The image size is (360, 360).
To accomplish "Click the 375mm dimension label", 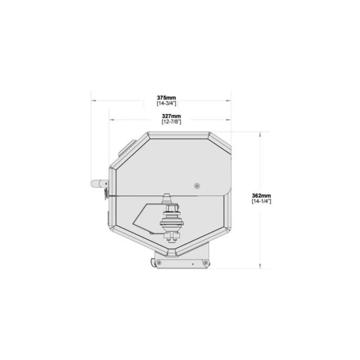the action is pyautogui.click(x=166, y=98).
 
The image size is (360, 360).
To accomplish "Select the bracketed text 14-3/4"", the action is pyautogui.click(x=166, y=103).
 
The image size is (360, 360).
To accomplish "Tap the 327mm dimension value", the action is pyautogui.click(x=171, y=116).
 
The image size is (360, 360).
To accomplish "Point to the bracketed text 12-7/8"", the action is pyautogui.click(x=171, y=122).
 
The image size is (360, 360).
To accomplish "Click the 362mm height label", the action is pyautogui.click(x=261, y=196).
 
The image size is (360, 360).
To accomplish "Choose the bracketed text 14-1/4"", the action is pyautogui.click(x=261, y=201).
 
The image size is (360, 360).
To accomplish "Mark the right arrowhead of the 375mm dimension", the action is pyautogui.click(x=229, y=100).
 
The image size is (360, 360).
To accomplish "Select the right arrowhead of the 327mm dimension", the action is pyautogui.click(x=229, y=119).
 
